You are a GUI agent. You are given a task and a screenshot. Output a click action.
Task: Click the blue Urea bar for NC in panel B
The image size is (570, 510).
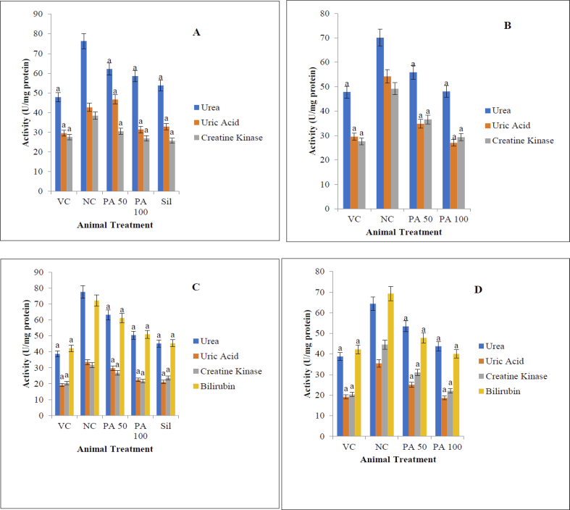tap(379, 123)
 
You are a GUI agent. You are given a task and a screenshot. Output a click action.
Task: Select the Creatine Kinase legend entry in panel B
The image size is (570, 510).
tap(520, 141)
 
